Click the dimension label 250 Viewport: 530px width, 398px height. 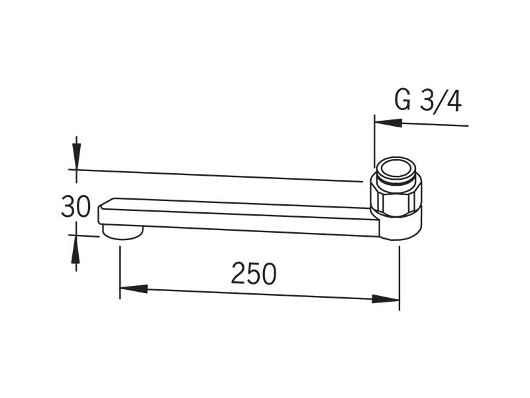coord(254,273)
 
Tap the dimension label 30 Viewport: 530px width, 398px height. coord(76,206)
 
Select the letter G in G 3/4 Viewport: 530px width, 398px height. coord(403,101)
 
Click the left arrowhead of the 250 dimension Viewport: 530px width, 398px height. coord(134,289)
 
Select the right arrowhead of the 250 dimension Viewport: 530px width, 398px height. coord(386,299)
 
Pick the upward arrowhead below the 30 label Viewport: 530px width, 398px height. coord(76,249)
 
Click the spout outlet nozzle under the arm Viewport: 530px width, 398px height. coord(123,232)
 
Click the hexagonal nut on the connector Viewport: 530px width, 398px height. coord(396,198)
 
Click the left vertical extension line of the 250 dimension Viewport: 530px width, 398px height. coord(120,273)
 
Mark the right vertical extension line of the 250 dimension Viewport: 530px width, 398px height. coord(399,278)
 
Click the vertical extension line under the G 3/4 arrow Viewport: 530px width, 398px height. coord(374,141)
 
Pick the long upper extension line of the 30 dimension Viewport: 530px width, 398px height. coord(216,175)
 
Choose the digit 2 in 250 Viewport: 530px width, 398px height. coord(238,273)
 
